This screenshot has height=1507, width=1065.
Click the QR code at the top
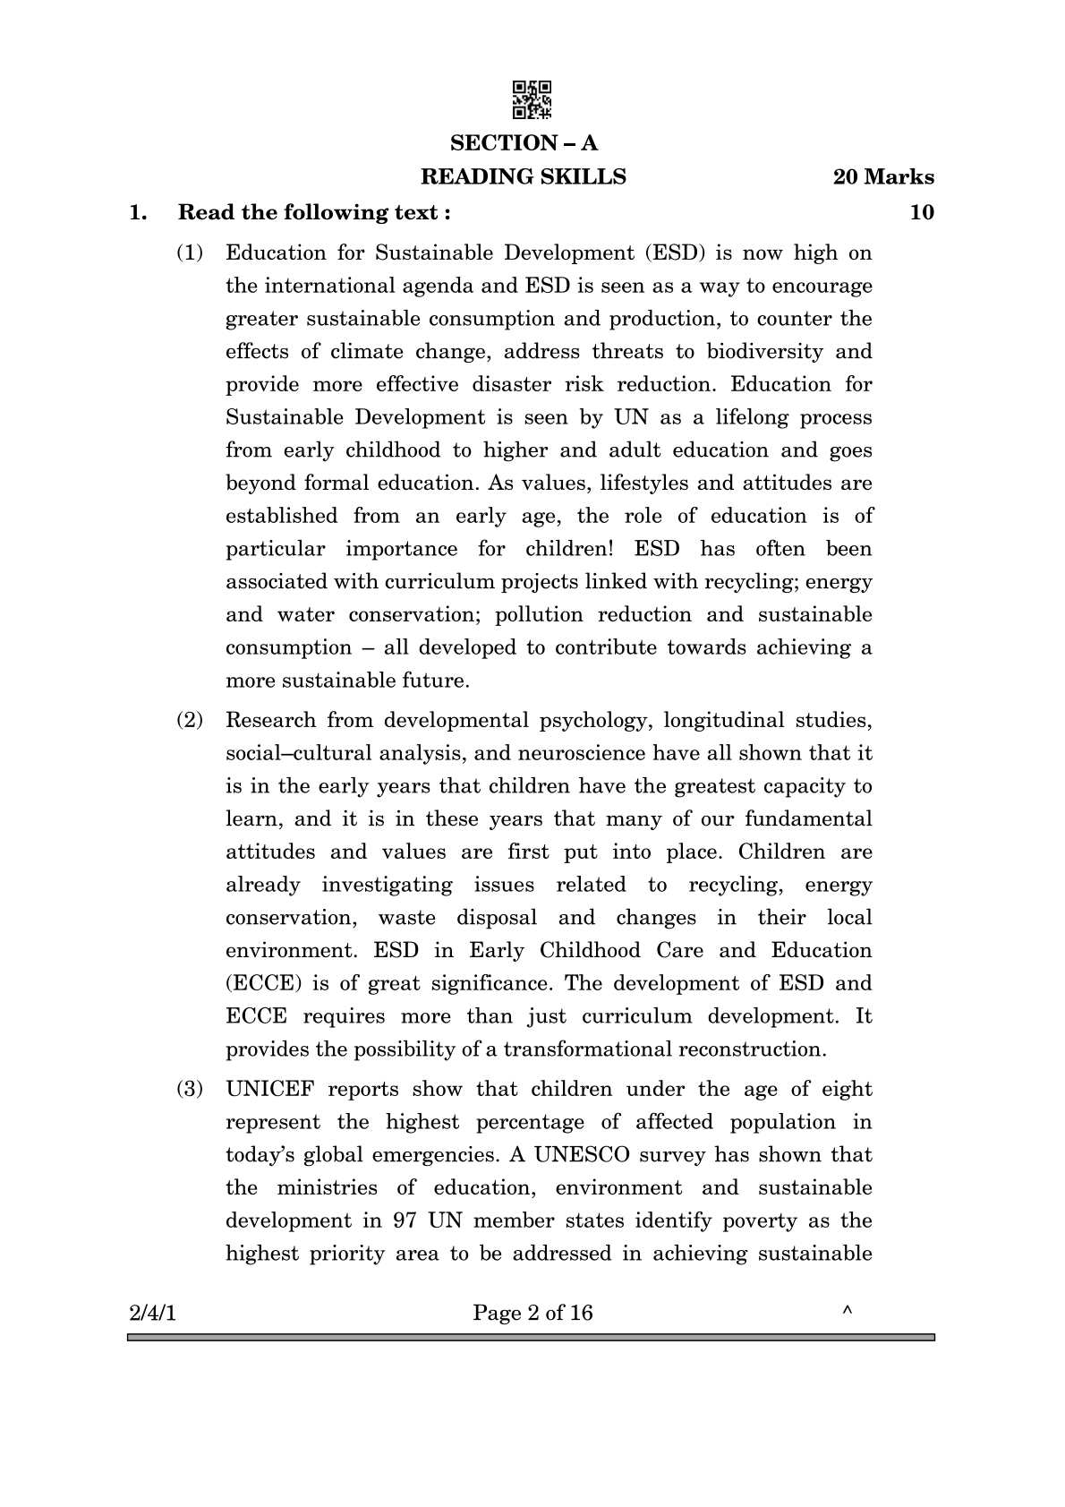(532, 99)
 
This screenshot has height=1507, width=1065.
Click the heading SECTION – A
(524, 143)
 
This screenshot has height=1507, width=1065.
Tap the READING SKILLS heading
(524, 177)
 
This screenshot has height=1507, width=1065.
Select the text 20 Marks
(882, 177)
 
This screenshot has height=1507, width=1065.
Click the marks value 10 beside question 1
(921, 212)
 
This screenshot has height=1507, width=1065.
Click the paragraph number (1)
(190, 253)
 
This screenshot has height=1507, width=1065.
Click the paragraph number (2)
(190, 720)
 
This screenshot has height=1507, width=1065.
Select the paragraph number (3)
(190, 1090)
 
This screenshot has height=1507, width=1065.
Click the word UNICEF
(269, 1090)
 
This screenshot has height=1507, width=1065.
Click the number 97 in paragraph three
(405, 1220)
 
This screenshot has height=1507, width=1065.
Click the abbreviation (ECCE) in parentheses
(260, 983)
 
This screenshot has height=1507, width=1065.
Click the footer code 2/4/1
(153, 1314)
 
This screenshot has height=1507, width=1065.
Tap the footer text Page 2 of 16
(532, 1314)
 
